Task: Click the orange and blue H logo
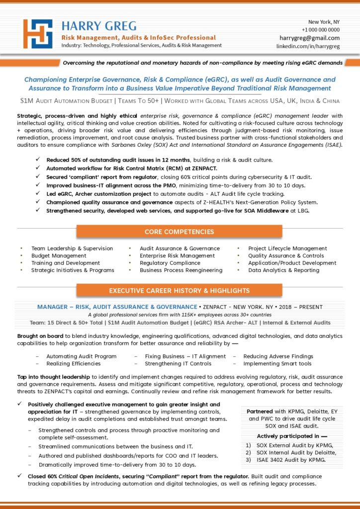coord(38,34)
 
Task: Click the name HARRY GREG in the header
coord(99,26)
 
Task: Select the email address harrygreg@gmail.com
coord(309,38)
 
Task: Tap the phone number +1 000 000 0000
coord(320,30)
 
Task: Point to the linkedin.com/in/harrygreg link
coord(308,46)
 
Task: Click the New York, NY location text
coord(324,22)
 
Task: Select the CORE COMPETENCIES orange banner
coord(179,232)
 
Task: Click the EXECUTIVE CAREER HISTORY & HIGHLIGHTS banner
coord(179,291)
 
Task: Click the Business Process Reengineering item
coord(181,270)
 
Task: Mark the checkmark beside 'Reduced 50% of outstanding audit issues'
coord(38,160)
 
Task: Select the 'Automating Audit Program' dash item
coord(82,356)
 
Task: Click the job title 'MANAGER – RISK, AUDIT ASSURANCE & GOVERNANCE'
coord(117,307)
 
